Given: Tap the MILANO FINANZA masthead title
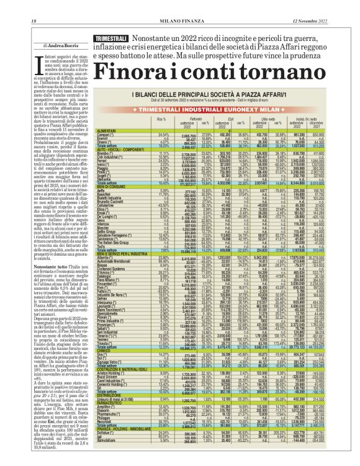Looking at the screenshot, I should pos(180,5).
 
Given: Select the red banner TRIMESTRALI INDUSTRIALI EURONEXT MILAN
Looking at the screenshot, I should pos(217,107).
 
